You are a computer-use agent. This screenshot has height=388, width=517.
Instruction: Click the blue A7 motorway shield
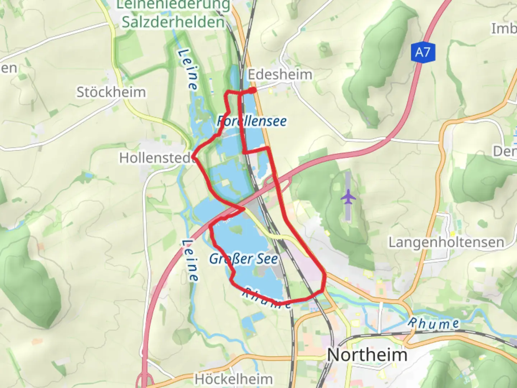click(423, 53)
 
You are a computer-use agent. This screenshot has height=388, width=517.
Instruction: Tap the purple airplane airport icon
click(348, 197)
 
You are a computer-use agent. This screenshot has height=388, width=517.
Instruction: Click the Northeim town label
click(367, 355)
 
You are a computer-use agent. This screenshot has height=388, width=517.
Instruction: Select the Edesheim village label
click(280, 75)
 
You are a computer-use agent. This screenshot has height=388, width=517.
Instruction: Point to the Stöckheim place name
click(111, 92)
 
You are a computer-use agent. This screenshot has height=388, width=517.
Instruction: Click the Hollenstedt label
click(157, 158)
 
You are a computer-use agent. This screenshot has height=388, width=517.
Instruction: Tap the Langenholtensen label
click(446, 242)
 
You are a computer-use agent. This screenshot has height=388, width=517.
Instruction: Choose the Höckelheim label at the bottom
click(234, 379)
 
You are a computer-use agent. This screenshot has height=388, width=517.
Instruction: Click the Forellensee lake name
click(252, 121)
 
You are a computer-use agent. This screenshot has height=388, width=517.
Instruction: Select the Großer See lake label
click(243, 259)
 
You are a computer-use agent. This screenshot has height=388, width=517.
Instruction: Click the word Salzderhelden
click(173, 22)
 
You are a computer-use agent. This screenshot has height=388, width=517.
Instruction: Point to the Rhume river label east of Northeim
click(433, 323)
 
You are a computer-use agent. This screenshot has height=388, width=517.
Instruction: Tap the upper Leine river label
click(188, 69)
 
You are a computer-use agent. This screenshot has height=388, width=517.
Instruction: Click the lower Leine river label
click(190, 260)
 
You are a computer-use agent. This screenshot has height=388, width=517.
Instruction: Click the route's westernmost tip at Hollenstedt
click(194, 157)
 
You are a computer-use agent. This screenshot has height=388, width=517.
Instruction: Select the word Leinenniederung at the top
click(173, 5)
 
